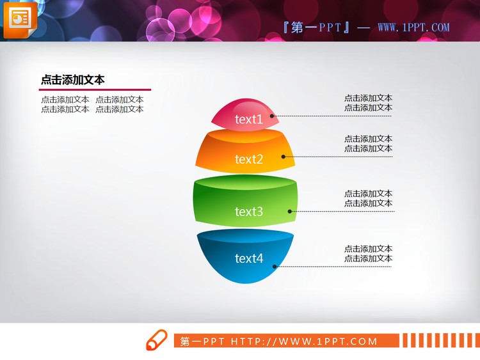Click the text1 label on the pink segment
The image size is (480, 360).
tap(248, 120)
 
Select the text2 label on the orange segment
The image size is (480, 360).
tap(248, 159)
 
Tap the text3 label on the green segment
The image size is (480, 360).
tap(248, 212)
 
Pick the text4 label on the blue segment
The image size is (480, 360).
tap(248, 259)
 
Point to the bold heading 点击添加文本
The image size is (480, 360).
tap(73, 80)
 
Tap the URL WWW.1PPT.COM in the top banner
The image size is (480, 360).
tap(413, 27)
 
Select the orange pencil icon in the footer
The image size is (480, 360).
tap(156, 341)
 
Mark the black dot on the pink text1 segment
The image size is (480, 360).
tap(272, 116)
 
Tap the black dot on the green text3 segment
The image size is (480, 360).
tap(290, 211)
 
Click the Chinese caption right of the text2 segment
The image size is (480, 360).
tap(368, 143)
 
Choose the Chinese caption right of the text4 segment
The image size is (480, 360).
tap(368, 253)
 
